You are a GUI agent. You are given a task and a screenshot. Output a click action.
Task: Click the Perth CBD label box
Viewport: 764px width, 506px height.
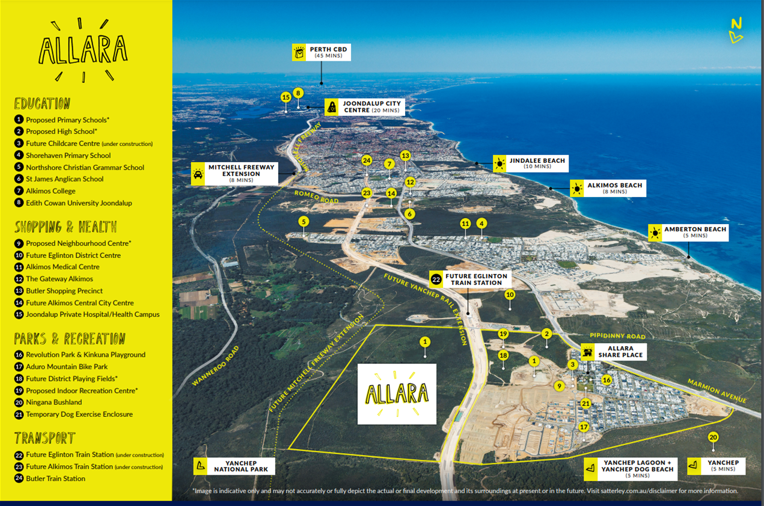coord(322,52)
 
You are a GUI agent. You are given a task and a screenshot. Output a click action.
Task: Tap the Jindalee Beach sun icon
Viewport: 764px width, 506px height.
coord(500,163)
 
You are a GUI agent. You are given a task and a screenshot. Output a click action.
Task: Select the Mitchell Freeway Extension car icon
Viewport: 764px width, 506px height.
coord(198,174)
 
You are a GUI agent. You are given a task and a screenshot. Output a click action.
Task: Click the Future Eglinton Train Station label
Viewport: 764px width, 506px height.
coord(470,279)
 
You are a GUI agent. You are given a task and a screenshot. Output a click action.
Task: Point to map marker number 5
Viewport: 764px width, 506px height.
coord(304,222)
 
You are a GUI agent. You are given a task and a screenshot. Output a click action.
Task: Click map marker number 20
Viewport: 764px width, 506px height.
coord(713,437)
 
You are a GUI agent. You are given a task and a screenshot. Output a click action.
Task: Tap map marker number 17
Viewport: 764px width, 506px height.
coord(584,427)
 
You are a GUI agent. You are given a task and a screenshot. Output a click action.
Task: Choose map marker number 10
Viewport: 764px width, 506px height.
coord(510,294)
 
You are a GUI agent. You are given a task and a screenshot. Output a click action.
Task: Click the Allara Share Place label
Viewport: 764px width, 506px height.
coord(614,352)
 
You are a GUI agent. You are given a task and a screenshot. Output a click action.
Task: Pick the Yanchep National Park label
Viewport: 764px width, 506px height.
coord(234,466)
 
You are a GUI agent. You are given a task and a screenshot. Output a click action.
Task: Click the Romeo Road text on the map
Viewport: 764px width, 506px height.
coord(317,197)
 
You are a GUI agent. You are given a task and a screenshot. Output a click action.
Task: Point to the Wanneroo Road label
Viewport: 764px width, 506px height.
coord(216,365)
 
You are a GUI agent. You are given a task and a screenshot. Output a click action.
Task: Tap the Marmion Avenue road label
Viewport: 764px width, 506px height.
coord(717,391)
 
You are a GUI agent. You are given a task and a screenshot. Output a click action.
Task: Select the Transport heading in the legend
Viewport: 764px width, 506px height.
coord(44,438)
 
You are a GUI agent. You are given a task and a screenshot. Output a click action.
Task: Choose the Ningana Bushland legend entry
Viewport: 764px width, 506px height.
coord(48,403)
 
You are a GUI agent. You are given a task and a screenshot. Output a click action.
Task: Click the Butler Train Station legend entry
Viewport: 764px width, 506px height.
coord(50,478)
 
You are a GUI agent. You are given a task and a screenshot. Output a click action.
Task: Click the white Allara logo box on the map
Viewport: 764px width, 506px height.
coord(397,394)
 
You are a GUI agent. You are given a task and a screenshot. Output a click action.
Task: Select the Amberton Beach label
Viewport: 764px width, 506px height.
coord(688,232)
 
